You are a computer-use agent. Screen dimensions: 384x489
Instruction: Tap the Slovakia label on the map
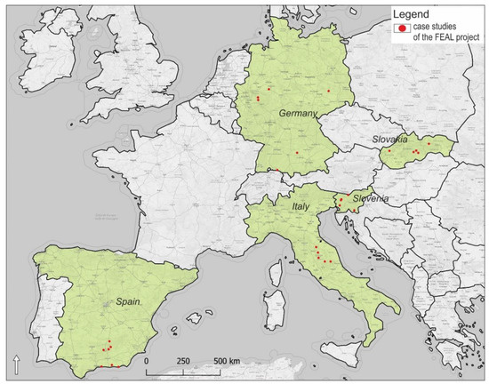point(389,140)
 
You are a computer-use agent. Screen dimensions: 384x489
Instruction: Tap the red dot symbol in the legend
point(403,29)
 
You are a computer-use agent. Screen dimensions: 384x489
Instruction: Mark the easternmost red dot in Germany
point(329,91)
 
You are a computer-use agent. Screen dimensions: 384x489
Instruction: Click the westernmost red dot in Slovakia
point(389,151)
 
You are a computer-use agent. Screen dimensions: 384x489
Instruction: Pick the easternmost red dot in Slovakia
point(429,143)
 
